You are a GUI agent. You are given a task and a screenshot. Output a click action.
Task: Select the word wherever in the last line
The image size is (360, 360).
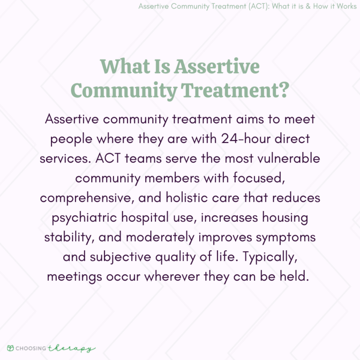coord(172,277)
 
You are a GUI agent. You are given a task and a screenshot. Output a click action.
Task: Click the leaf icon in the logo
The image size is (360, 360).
coord(10,348)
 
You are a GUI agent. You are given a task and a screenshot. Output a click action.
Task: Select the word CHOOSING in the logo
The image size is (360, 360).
coord(30,349)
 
